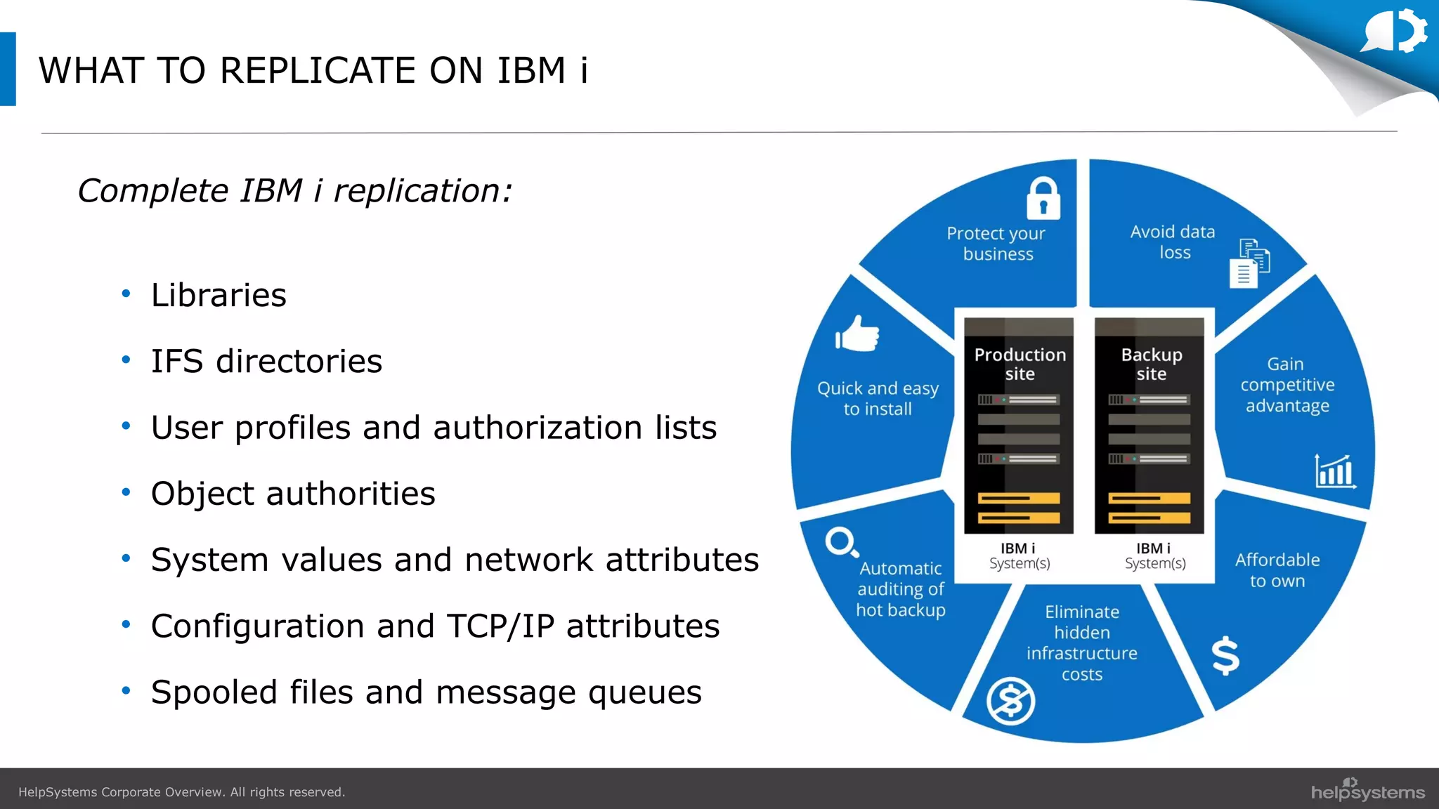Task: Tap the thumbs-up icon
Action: click(858, 334)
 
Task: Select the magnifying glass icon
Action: click(841, 542)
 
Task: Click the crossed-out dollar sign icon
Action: click(1010, 700)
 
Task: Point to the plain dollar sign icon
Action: click(1225, 655)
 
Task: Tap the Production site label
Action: click(1020, 364)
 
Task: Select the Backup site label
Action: click(1151, 364)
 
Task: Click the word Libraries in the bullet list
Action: click(219, 295)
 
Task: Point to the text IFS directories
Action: click(266, 361)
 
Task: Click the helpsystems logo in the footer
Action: click(1367, 791)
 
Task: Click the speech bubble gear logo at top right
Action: click(1395, 32)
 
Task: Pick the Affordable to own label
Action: click(1277, 570)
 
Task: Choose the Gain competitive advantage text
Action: click(1287, 385)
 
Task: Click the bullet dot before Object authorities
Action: click(126, 493)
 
